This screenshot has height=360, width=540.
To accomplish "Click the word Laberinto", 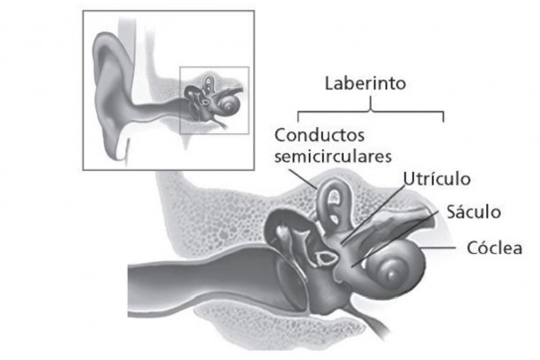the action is pyautogui.click(x=365, y=84).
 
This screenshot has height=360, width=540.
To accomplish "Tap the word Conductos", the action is pyautogui.click(x=319, y=135).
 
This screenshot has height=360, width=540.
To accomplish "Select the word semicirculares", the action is pyautogui.click(x=333, y=157).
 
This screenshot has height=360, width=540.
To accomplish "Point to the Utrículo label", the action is pyautogui.click(x=436, y=179).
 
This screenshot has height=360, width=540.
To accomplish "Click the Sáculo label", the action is pyautogui.click(x=473, y=211).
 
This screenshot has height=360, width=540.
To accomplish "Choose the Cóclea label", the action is pyautogui.click(x=494, y=247).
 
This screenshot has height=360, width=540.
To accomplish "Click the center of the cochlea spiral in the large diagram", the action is pyautogui.click(x=391, y=274).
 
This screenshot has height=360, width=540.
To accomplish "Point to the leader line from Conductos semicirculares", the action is pyautogui.click(x=302, y=179).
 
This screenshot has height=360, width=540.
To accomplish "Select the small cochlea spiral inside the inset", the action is pyautogui.click(x=229, y=104).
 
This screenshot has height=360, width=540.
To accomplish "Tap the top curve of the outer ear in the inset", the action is pyautogui.click(x=107, y=39).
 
